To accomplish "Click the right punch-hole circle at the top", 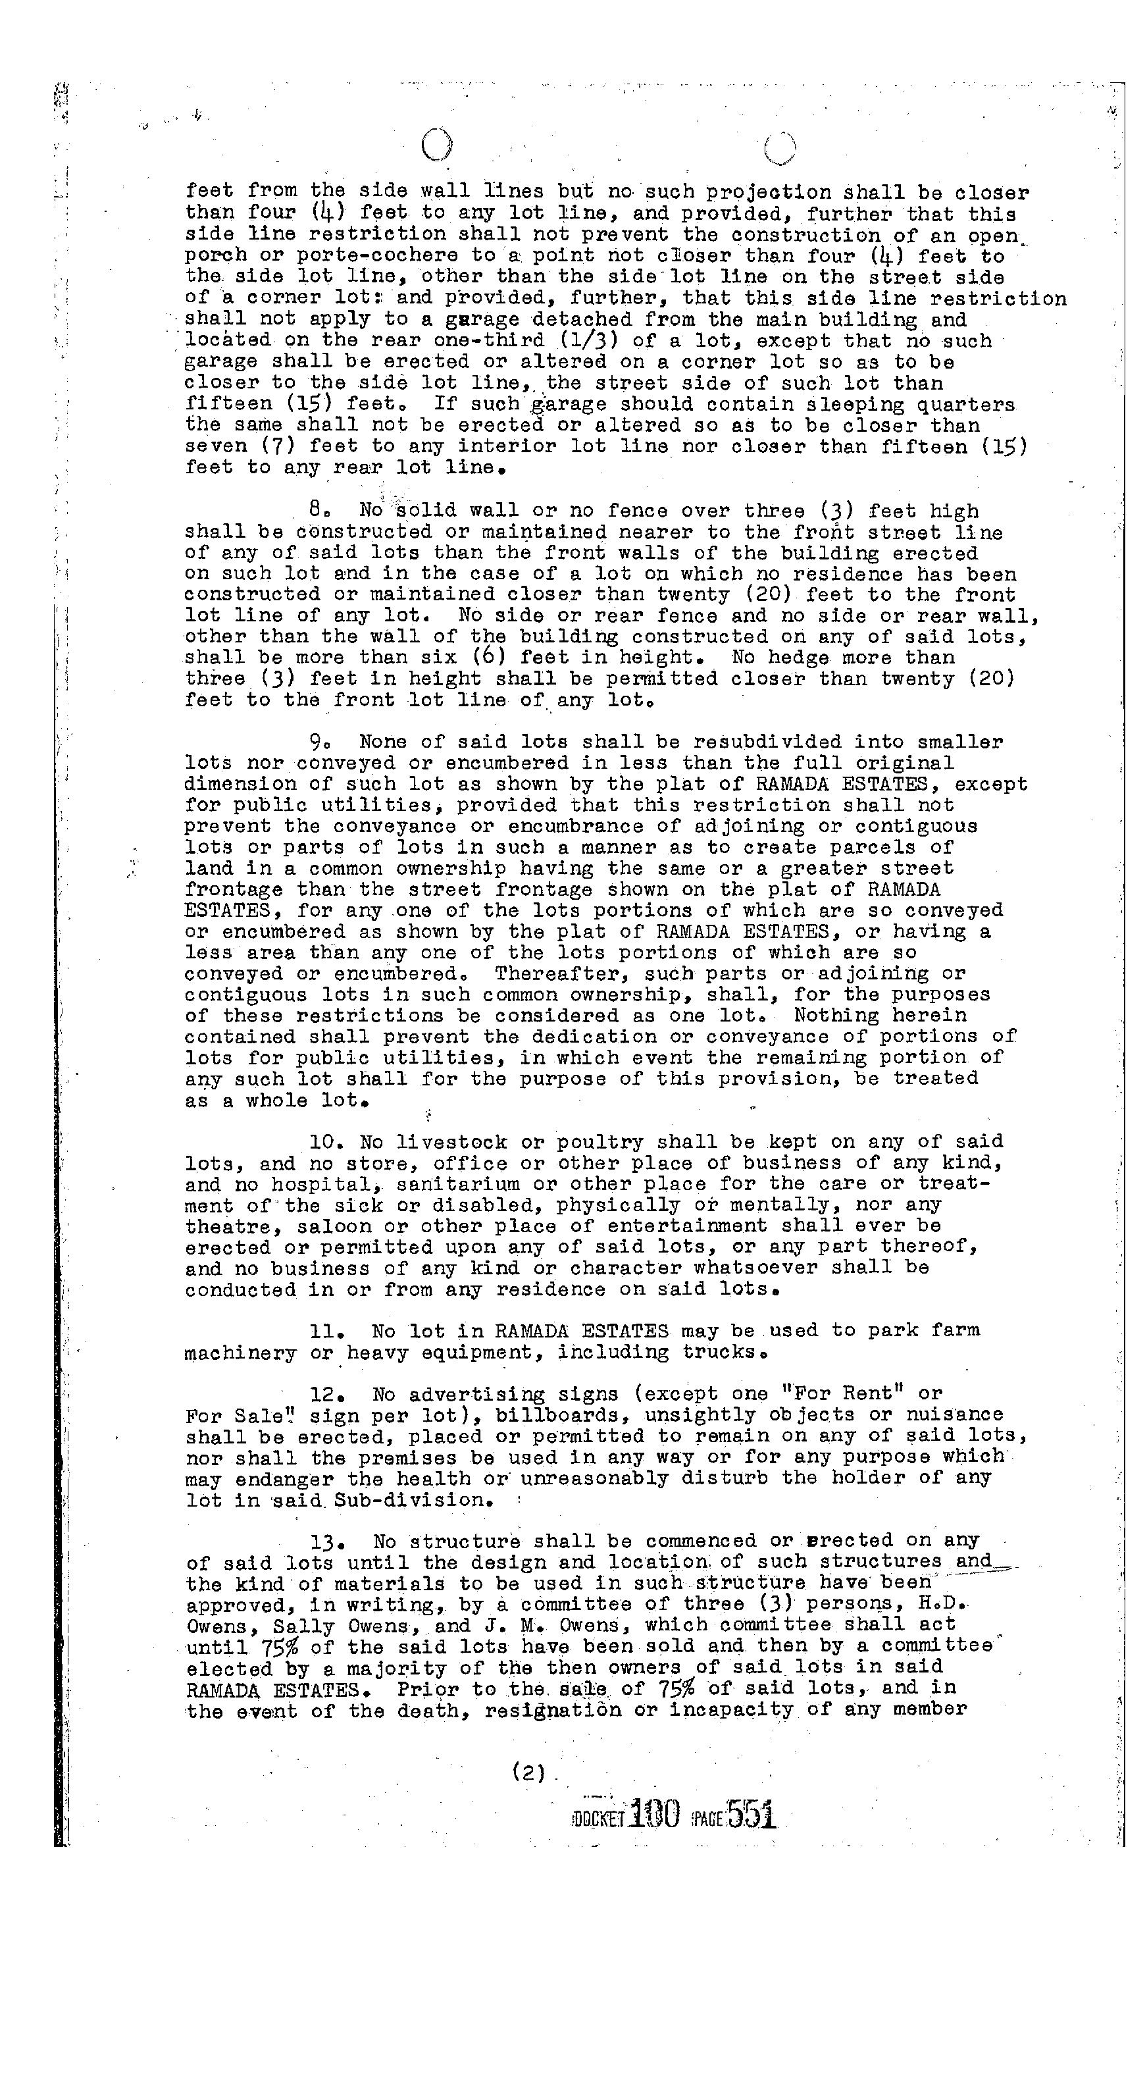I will [x=780, y=148].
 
